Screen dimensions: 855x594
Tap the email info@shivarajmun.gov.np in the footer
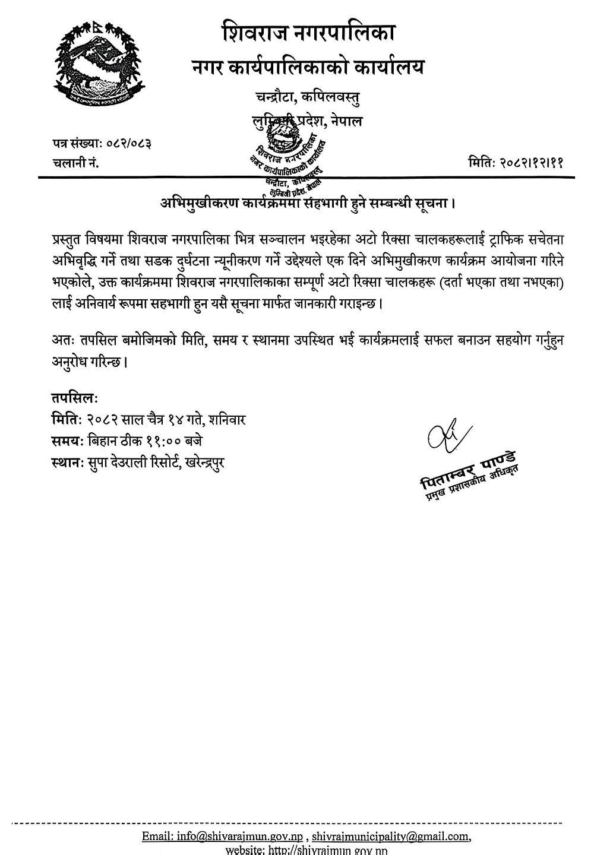tap(243, 837)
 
